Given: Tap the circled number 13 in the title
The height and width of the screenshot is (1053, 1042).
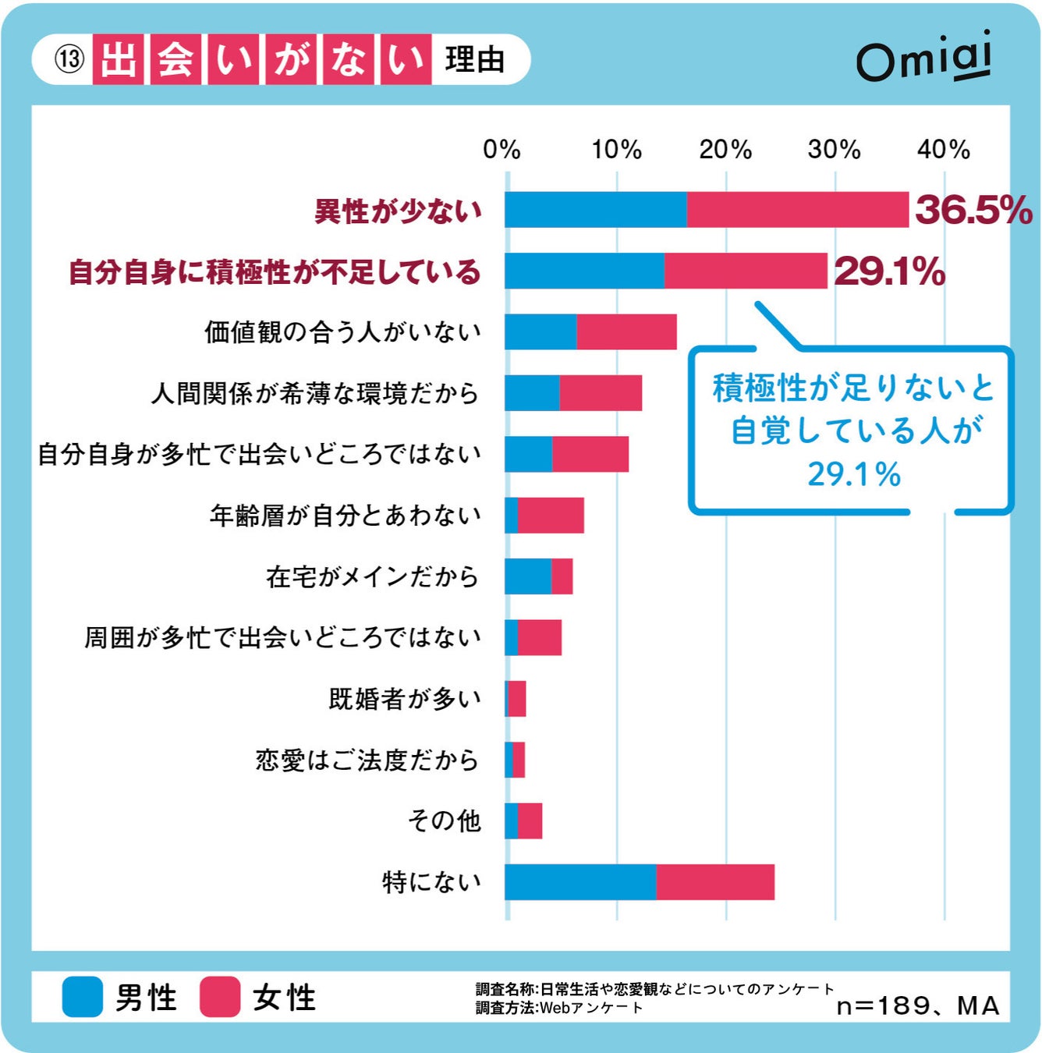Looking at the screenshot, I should pos(69,59).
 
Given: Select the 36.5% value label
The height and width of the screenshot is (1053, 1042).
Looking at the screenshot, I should pos(973,210).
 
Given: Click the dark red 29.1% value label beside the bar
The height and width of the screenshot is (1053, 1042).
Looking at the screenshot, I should pos(889,271).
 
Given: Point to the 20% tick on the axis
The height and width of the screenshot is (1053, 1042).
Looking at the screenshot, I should pos(725,149).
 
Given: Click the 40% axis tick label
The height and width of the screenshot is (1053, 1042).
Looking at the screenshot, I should pos(943,149).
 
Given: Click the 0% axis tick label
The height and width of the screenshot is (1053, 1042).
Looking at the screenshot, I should pos(502,149).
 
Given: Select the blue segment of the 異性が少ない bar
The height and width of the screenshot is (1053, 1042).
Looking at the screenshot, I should pos(596,210).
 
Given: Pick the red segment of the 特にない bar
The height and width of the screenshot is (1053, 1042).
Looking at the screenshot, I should pos(715,882).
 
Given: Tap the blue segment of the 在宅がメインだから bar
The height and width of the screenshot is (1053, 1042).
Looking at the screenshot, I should pos(528,576).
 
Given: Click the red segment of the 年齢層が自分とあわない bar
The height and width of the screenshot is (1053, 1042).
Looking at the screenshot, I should pos(551,516).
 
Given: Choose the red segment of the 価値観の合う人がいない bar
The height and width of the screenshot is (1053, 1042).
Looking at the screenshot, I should pos(626,332).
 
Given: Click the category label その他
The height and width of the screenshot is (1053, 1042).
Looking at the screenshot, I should pos(444,821).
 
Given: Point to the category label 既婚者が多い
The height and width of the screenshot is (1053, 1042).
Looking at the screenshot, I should pos(405,699).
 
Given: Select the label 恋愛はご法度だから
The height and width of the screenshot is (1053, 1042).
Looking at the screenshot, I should pos(367,760).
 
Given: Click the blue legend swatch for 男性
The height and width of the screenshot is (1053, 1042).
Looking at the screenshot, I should pos(83,997).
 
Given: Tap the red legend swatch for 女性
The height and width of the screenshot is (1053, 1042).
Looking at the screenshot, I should pos(219,997).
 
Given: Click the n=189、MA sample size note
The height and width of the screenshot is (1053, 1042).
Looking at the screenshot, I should pos(917,1005).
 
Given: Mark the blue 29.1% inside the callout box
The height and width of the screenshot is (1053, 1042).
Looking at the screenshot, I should pos(853,474).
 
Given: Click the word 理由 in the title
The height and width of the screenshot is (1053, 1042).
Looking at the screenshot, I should pos(475,59).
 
